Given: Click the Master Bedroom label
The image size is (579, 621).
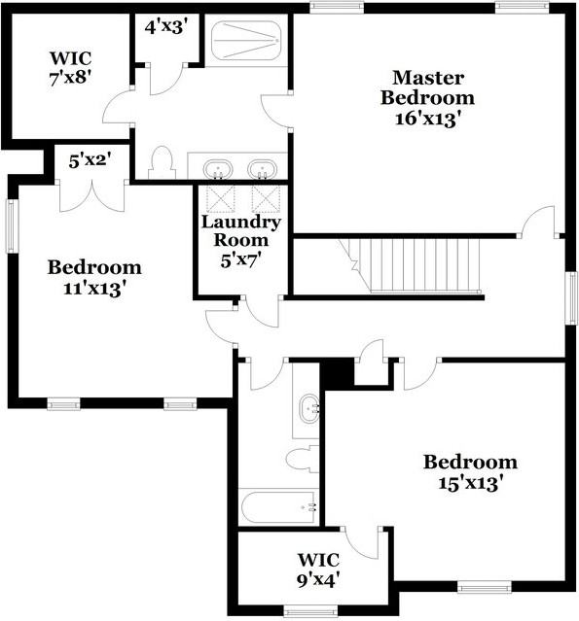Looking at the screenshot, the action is (x=427, y=87).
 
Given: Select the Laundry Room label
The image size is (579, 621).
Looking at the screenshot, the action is (x=241, y=230).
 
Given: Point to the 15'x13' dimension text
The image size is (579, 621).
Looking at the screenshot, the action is (x=470, y=483).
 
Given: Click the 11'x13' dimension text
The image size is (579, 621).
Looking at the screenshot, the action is (x=94, y=289).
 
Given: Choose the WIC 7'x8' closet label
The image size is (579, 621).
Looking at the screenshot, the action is (x=71, y=68).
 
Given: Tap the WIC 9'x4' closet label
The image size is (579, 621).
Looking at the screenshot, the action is (x=318, y=570).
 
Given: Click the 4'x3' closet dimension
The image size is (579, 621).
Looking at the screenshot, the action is (x=165, y=27).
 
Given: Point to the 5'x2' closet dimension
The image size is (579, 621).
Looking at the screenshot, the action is (x=90, y=160).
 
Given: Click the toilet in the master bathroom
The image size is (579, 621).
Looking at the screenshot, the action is (x=162, y=162).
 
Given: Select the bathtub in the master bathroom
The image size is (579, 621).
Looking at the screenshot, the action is (x=246, y=41).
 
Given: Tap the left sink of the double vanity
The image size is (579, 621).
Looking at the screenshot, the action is (x=218, y=169).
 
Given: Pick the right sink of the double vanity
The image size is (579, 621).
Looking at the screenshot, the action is (x=262, y=169).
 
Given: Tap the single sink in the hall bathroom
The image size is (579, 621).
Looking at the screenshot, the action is (x=308, y=409).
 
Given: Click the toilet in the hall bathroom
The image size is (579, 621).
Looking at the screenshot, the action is (x=303, y=459).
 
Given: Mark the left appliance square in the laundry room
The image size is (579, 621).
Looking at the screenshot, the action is (x=221, y=199).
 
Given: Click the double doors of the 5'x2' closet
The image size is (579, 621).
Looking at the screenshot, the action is (x=92, y=196).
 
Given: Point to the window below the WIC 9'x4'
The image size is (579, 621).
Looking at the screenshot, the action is (x=311, y=611).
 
